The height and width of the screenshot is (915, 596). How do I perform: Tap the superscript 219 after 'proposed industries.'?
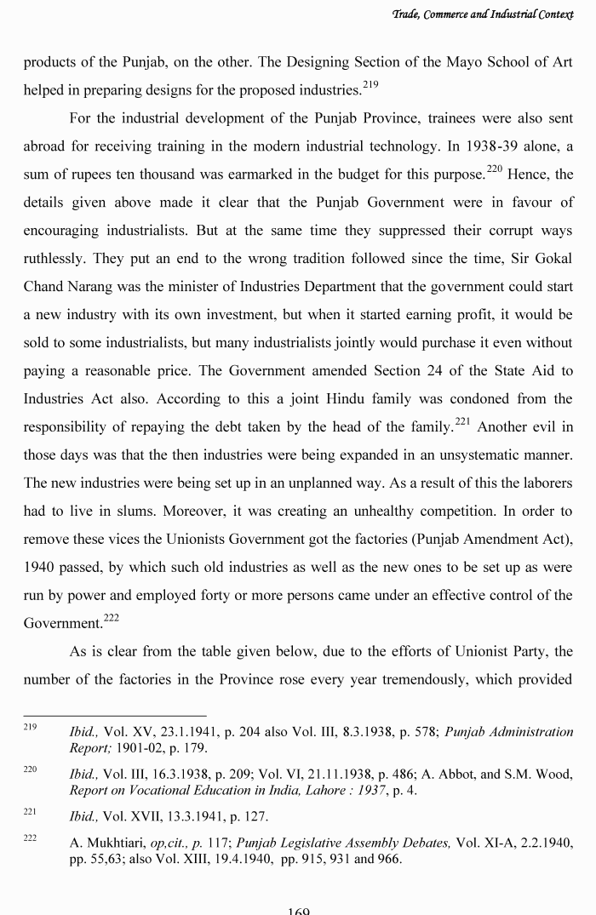pyautogui.click(x=370, y=84)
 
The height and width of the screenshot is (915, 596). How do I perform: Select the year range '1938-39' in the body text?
pyautogui.click(x=479, y=146)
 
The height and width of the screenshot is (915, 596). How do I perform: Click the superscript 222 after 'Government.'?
pyautogui.click(x=112, y=618)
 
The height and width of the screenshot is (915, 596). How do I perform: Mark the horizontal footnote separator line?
pyautogui.click(x=114, y=715)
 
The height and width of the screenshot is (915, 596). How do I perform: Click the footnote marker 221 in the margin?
pyautogui.click(x=30, y=813)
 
